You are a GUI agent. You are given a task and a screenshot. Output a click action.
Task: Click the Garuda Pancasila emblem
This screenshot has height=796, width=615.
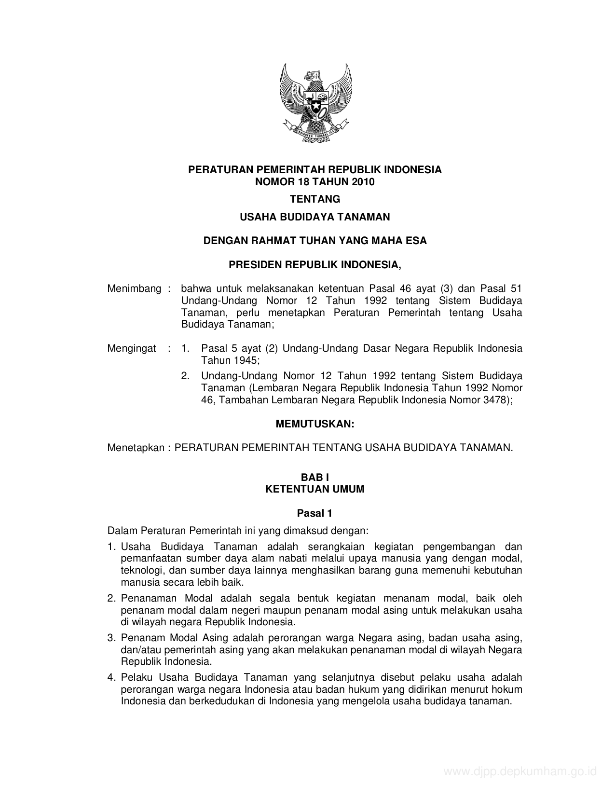[x=315, y=103]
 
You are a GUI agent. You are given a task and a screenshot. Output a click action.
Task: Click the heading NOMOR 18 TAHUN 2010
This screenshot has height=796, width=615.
[x=314, y=182]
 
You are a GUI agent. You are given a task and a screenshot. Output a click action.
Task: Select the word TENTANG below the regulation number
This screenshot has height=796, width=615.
[x=314, y=199]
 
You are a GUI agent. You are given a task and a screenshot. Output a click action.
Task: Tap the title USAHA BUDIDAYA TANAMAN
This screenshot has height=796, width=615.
[x=314, y=217]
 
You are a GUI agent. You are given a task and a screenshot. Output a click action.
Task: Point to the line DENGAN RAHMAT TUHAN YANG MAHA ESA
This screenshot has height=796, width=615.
[x=314, y=240]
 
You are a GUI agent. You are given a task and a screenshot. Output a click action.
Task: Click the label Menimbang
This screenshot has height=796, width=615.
[x=134, y=288]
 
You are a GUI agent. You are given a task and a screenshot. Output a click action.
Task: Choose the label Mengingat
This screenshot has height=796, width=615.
[x=132, y=348]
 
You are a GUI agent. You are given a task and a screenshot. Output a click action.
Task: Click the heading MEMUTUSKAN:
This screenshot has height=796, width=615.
[x=314, y=424]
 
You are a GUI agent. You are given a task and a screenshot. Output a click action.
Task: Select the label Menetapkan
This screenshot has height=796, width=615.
[x=136, y=448]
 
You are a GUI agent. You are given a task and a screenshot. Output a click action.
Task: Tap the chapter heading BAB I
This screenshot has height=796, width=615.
[x=314, y=477]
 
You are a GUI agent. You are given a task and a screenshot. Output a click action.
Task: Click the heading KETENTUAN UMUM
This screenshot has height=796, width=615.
[x=314, y=489]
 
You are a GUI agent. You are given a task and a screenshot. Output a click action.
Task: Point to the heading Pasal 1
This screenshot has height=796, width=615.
[x=314, y=513]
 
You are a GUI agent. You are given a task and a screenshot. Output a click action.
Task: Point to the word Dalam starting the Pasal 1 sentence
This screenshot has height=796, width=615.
[x=122, y=531]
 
